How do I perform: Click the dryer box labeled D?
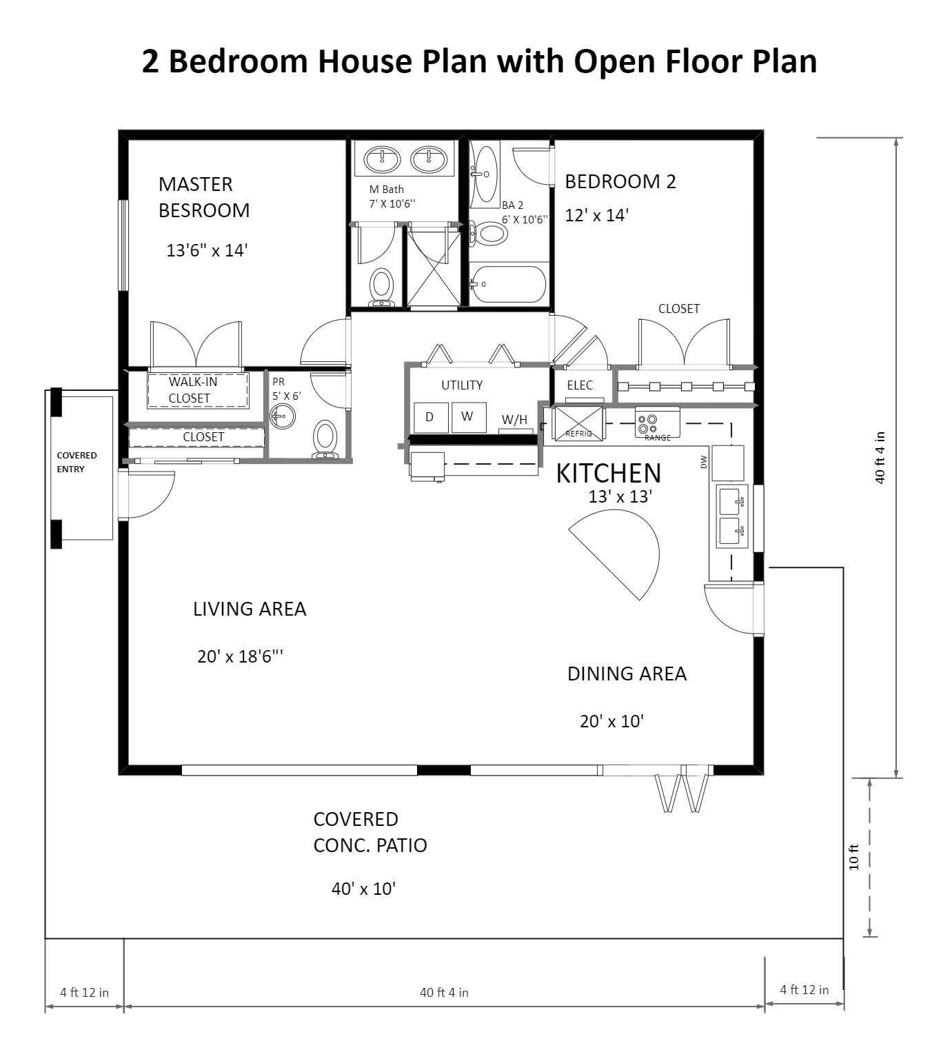click(430, 417)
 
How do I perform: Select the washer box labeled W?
click(468, 416)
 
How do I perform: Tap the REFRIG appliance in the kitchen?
click(578, 423)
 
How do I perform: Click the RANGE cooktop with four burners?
click(657, 423)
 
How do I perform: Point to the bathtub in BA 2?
click(509, 284)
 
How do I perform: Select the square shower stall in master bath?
click(434, 269)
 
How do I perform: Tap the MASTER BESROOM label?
click(203, 197)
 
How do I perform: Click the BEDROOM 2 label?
click(620, 182)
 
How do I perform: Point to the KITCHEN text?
click(608, 474)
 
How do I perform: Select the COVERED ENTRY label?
click(77, 462)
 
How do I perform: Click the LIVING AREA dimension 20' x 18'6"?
click(240, 656)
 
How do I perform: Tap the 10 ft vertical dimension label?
click(854, 857)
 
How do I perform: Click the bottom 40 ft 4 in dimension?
click(444, 993)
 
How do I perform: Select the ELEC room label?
click(580, 385)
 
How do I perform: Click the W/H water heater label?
click(514, 420)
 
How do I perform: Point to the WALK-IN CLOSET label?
click(192, 390)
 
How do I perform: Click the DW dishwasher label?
click(704, 462)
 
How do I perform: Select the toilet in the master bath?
click(381, 286)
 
